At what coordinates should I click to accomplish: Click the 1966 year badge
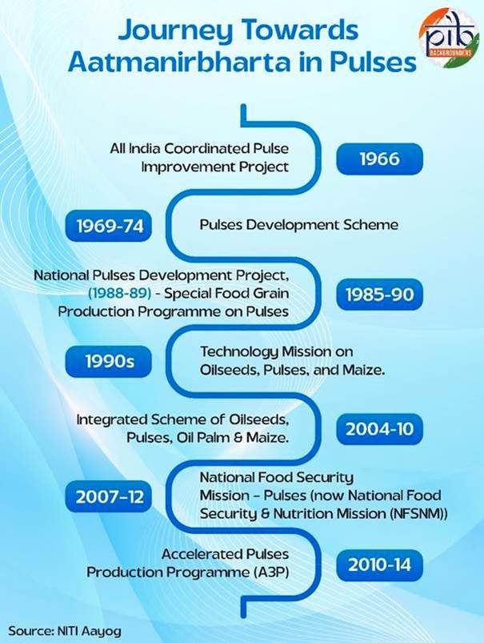point(379,159)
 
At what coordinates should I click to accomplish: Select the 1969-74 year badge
point(109,226)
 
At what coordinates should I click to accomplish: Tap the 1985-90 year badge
point(379,294)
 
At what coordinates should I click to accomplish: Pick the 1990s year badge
point(109,361)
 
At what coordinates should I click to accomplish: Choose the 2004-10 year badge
point(379,429)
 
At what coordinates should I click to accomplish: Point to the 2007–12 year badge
point(109,496)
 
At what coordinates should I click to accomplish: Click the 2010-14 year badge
point(379,565)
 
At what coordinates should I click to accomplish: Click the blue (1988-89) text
point(119,293)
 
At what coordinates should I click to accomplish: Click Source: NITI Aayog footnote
point(65,630)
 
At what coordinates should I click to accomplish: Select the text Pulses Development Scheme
point(298,225)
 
